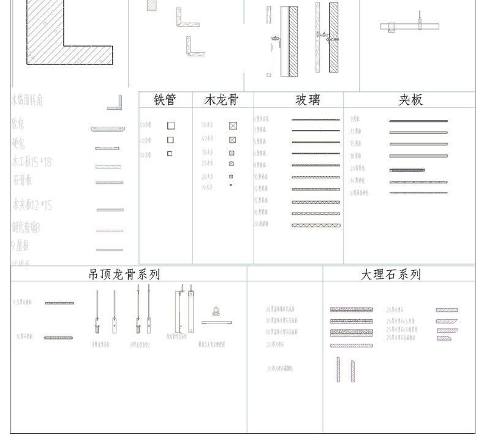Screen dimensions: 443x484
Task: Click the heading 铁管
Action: click(165, 100)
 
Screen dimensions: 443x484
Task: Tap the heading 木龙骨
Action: click(221, 100)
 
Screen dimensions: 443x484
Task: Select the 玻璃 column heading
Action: click(308, 100)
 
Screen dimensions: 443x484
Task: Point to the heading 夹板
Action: click(410, 100)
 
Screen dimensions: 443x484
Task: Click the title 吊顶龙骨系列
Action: click(124, 275)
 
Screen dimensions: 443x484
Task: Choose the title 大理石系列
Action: click(391, 275)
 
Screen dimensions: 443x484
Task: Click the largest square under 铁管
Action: click(171, 126)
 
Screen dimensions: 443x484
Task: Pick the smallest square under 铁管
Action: click(170, 154)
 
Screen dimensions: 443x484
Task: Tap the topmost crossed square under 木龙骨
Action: click(233, 126)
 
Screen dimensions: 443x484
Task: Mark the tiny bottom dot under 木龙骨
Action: click(231, 185)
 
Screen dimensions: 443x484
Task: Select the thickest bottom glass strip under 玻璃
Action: click(316, 225)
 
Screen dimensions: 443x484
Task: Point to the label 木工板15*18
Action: click(32, 162)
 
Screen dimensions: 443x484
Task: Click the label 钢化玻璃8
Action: click(26, 228)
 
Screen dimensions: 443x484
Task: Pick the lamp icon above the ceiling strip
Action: click(216, 311)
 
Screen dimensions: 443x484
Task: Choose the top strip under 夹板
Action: click(418, 121)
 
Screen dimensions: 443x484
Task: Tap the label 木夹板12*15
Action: click(32, 205)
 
